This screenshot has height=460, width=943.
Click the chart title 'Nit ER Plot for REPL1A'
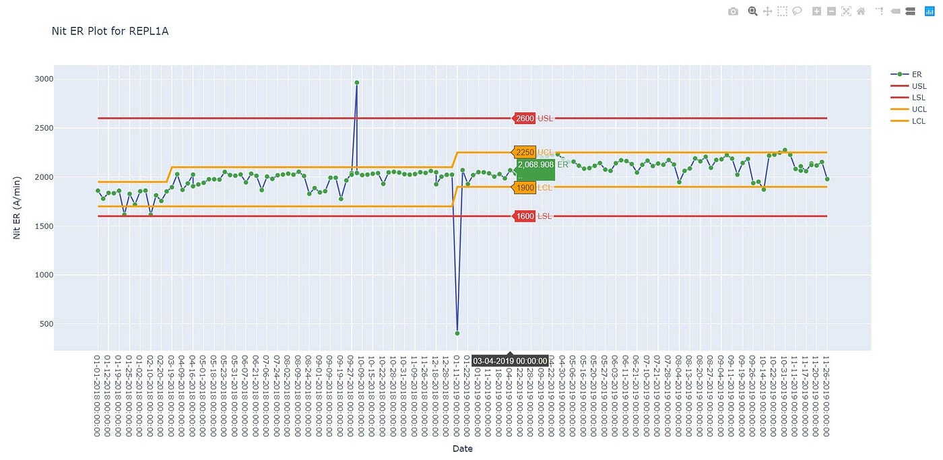point(110,31)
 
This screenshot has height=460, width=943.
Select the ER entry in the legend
point(917,75)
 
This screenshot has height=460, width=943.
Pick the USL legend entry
point(919,86)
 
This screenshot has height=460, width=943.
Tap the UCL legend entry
point(919,109)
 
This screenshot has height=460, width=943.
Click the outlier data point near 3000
point(356,83)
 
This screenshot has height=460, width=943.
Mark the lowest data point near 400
point(457,333)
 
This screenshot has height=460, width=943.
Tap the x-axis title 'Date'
point(462,449)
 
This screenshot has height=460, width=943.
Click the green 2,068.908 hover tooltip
point(535,168)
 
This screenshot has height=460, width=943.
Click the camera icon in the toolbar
point(734,11)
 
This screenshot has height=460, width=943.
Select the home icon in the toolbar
point(861,11)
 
